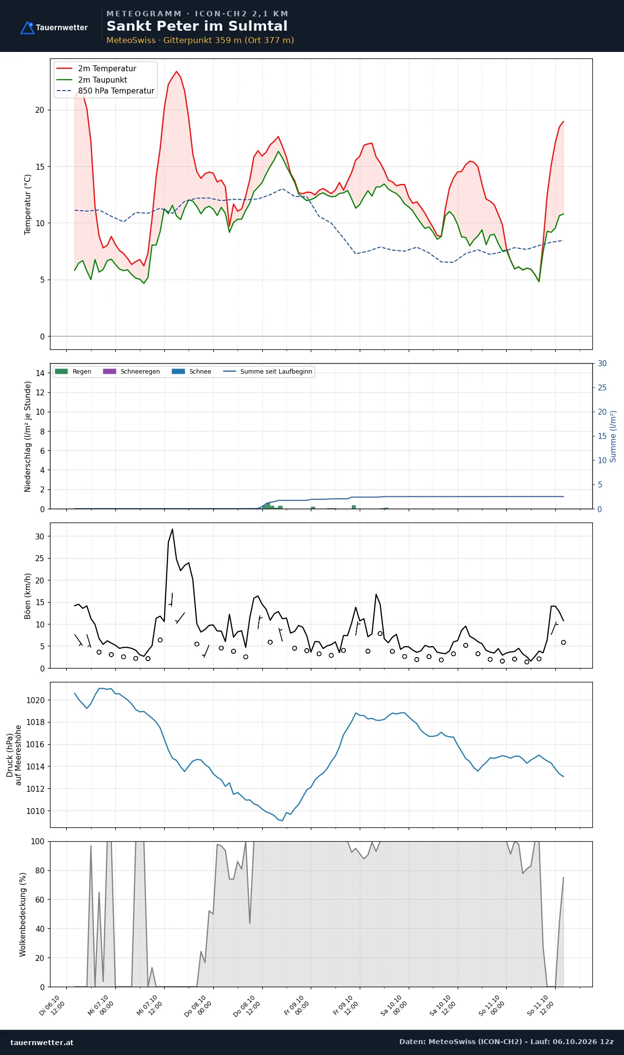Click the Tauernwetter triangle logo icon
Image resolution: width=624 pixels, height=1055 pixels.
(27, 28)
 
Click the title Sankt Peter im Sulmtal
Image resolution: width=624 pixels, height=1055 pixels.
(197, 26)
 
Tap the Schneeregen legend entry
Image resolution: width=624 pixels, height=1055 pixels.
(132, 372)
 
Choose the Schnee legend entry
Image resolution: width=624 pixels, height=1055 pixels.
(192, 372)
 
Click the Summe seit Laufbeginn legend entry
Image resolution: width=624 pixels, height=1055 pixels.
(268, 372)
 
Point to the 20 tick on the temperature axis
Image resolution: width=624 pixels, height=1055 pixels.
(40, 110)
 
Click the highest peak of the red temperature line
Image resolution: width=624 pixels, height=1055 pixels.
(176, 71)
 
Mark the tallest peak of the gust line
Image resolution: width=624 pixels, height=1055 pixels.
(172, 529)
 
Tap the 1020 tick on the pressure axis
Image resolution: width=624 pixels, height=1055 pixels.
(35, 700)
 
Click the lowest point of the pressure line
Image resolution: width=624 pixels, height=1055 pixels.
(282, 820)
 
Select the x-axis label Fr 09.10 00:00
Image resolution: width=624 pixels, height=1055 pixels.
(297, 1006)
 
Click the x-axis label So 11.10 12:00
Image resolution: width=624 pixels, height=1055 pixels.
(541, 1006)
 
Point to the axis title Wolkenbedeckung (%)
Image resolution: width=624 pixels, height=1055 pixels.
(23, 914)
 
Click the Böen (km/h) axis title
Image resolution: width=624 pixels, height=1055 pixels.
(28, 596)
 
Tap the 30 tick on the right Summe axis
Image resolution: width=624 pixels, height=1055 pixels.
(602, 363)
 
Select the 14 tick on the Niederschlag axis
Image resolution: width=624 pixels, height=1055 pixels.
(40, 373)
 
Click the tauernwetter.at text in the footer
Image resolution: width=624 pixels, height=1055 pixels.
(42, 1042)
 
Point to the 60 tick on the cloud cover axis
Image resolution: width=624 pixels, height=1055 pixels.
(40, 900)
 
